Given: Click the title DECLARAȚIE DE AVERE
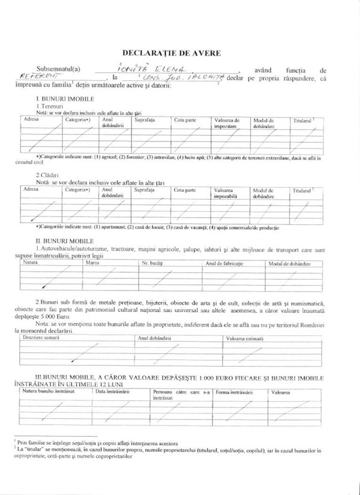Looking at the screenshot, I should click(x=172, y=53).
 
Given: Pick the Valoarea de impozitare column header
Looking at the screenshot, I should click(x=227, y=123).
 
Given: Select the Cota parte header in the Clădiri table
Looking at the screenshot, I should click(x=185, y=190).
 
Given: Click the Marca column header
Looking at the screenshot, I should click(x=92, y=263).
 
